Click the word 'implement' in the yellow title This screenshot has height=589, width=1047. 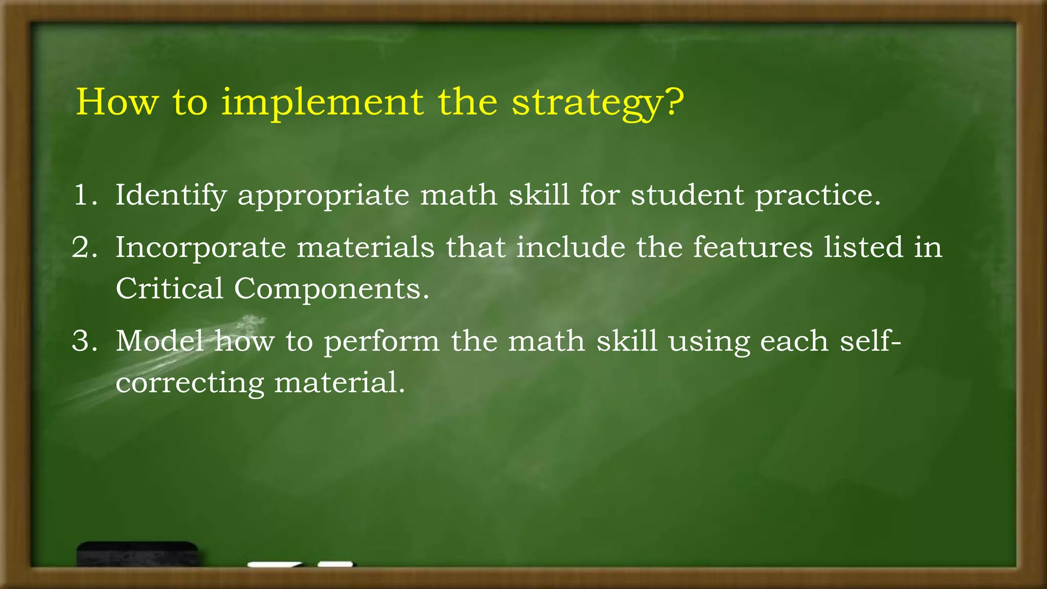point(322,102)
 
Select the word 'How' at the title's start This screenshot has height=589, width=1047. point(117,102)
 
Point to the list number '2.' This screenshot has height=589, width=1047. point(85,247)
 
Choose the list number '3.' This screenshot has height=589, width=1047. point(85,341)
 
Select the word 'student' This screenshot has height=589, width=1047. point(687,195)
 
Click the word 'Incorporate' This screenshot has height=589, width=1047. point(200,248)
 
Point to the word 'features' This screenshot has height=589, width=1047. point(753,247)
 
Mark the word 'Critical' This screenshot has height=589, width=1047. point(169,288)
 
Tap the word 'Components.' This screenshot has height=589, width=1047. point(331,289)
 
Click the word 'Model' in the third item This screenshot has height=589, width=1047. point(160,341)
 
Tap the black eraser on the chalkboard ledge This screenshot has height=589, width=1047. point(137,554)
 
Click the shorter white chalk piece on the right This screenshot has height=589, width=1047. point(335,564)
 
